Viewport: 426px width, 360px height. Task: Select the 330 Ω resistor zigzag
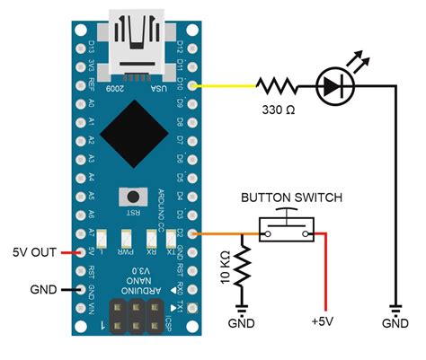(x=276, y=86)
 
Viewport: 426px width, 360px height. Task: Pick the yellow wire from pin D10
(x=225, y=86)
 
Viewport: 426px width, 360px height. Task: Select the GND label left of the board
(x=42, y=290)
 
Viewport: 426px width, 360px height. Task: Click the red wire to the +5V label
(x=324, y=269)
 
